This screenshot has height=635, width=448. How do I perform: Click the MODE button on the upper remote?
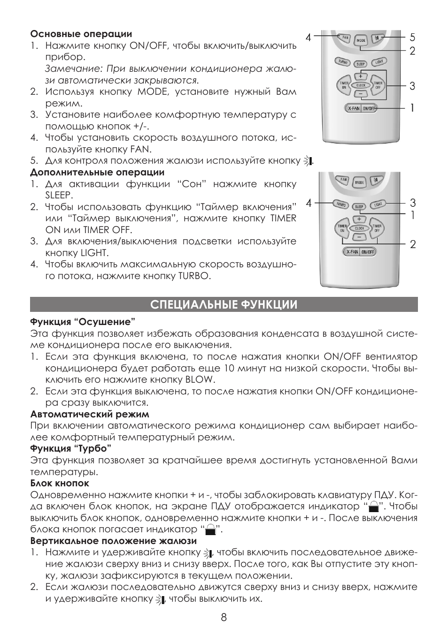360,40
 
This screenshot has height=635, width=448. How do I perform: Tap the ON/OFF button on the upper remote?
369,108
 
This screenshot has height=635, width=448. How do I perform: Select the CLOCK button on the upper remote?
361,85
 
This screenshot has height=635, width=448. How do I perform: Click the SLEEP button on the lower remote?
359,206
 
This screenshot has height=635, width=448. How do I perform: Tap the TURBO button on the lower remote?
340,204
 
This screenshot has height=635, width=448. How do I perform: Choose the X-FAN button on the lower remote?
352,252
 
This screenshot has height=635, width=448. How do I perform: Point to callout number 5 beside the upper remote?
412,37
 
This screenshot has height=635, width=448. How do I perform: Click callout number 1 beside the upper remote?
412,108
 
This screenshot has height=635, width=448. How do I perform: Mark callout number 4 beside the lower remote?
309,203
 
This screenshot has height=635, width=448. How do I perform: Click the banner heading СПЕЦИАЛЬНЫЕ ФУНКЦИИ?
224,304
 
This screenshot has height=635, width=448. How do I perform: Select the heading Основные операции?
81,34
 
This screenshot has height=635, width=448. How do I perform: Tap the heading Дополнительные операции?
97,172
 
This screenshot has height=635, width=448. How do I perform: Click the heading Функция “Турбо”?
70,449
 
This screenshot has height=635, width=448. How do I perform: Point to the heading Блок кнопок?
60,483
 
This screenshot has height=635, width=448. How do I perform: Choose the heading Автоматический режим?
90,414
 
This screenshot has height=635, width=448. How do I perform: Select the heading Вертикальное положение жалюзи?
113,541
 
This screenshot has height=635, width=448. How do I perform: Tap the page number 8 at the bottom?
224,617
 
